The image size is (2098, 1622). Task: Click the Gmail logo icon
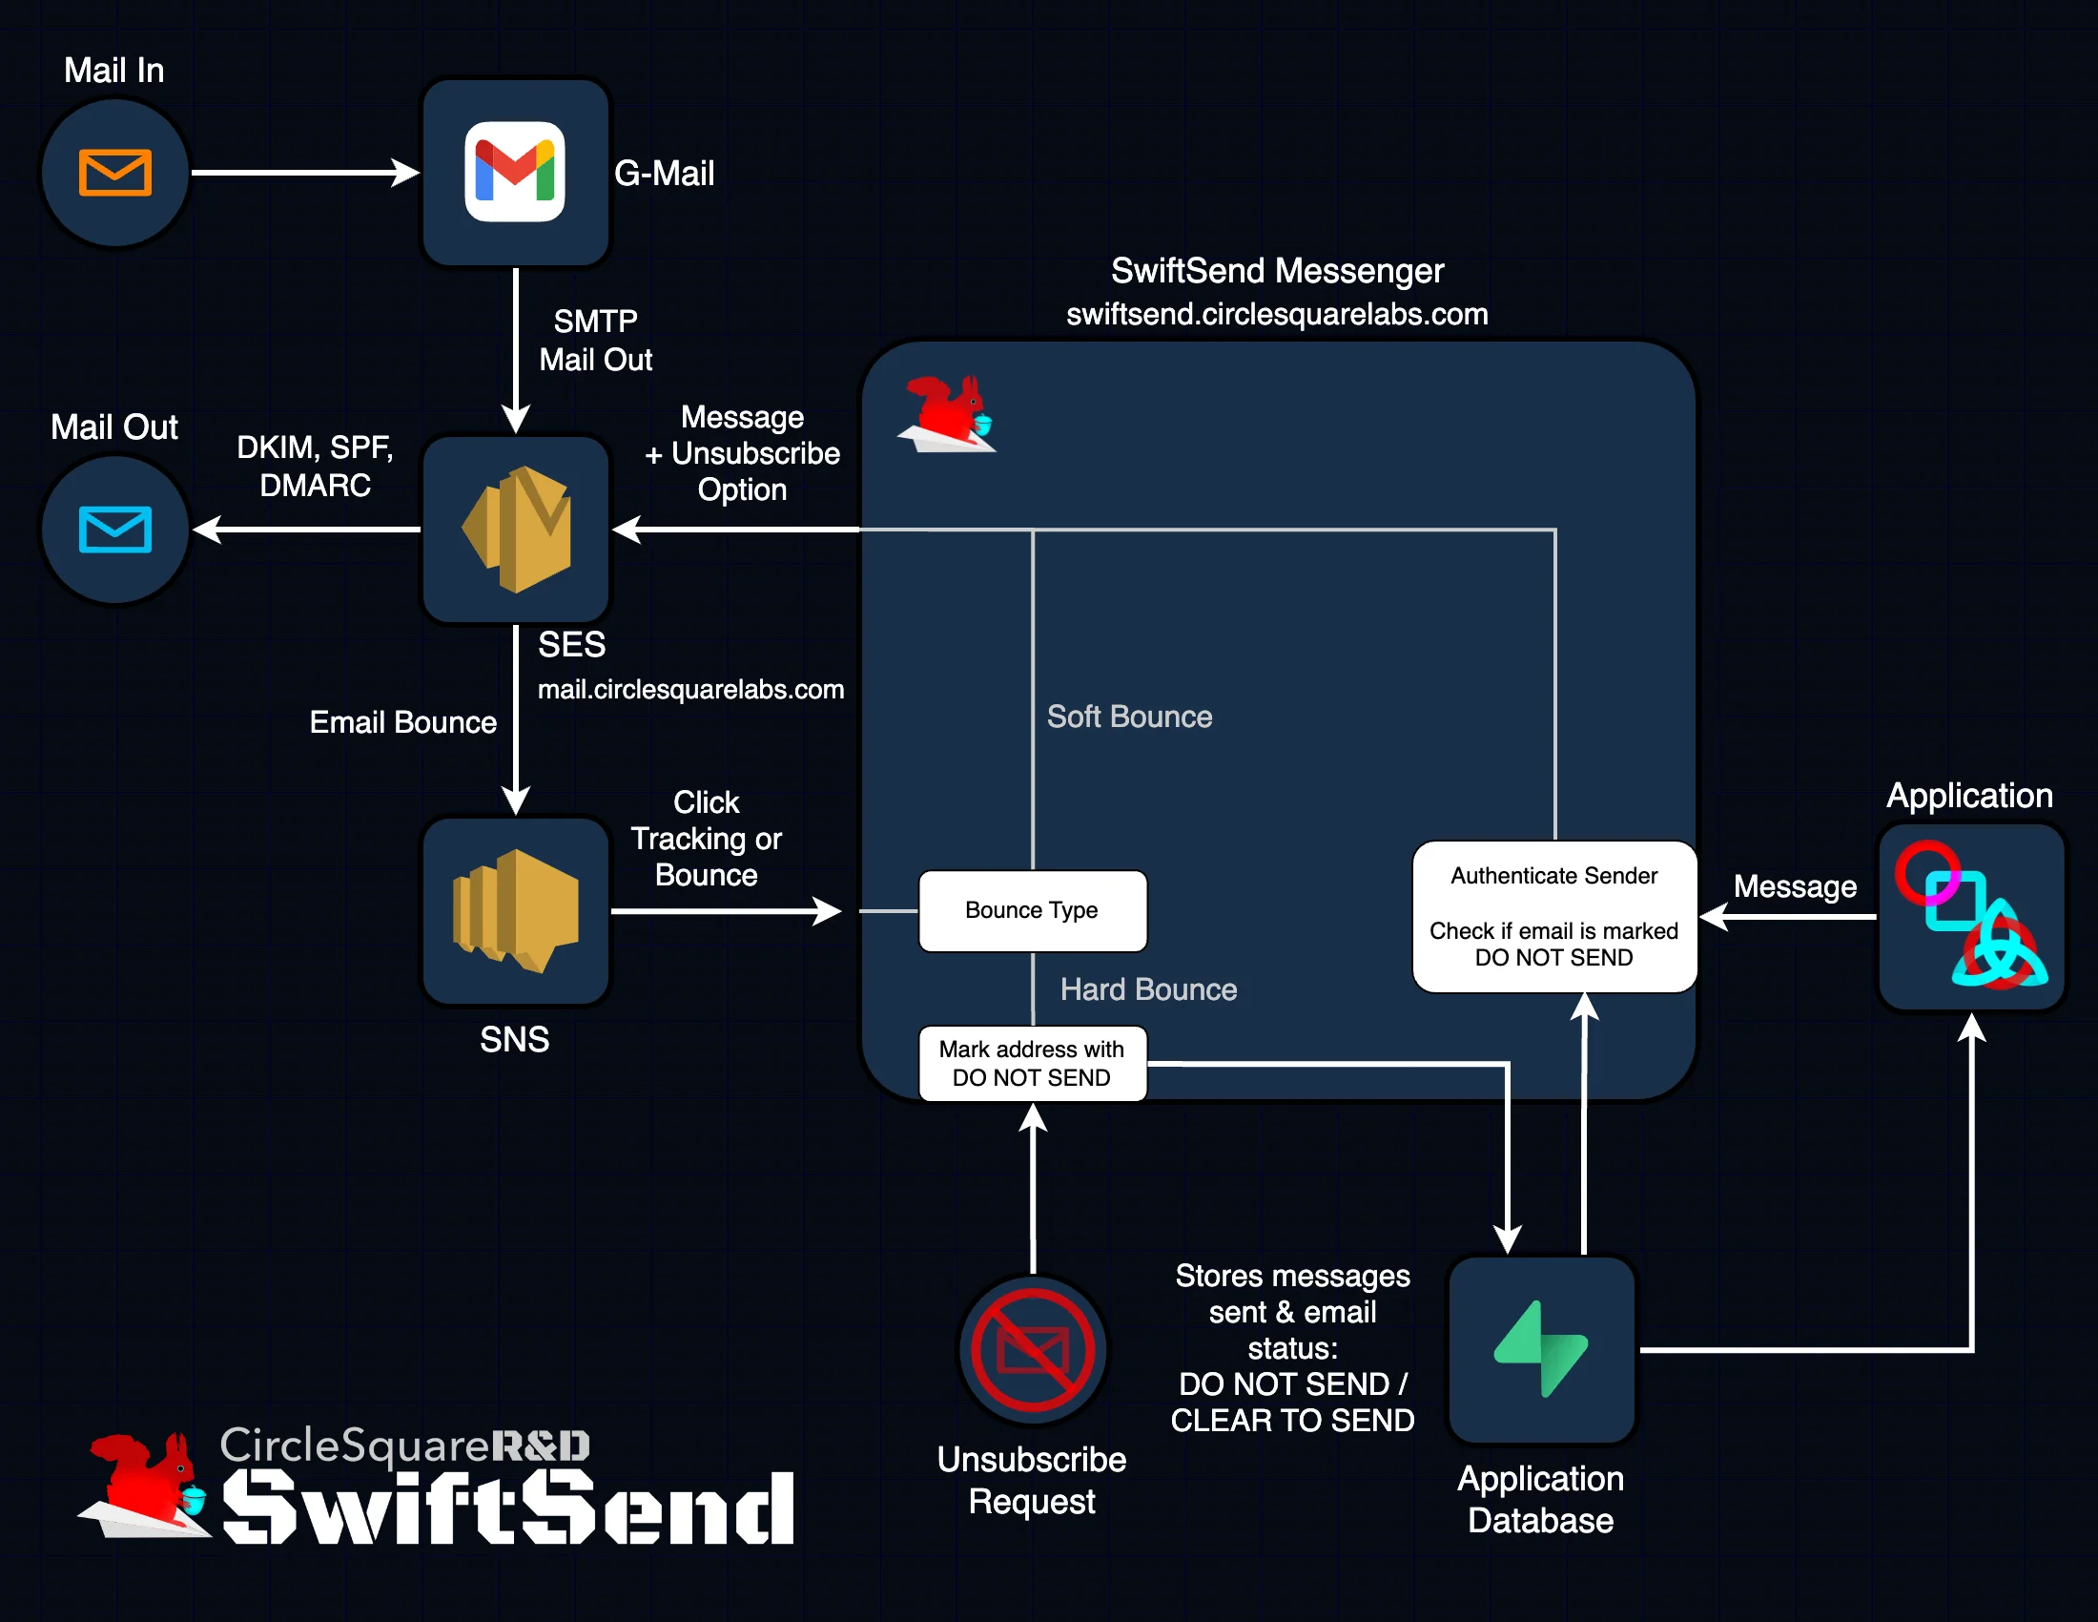point(515,172)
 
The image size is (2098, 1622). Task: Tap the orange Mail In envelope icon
point(114,173)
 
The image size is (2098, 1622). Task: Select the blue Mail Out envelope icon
point(114,530)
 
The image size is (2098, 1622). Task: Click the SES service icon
point(517,530)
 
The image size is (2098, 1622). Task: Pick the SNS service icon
point(516,910)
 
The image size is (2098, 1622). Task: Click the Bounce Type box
point(1032,910)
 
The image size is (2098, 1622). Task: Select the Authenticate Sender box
point(1553,916)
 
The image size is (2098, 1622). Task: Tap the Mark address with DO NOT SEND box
point(1032,1063)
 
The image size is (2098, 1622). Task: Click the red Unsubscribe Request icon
point(1033,1350)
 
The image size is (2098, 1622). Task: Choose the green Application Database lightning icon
point(1541,1349)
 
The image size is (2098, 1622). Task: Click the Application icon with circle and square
point(1970,916)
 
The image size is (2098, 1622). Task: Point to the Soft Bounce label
point(1129,717)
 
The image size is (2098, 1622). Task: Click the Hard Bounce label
point(1148,989)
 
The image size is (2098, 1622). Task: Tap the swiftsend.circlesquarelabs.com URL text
point(1277,314)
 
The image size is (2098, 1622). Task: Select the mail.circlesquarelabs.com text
point(690,689)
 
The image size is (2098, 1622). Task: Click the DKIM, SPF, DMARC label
point(315,466)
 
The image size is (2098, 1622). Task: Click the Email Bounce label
point(402,722)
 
